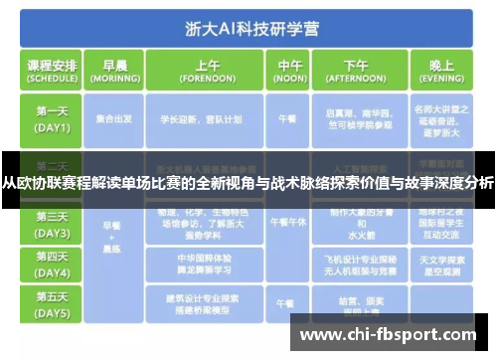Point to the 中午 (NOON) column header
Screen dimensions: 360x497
(x=286, y=70)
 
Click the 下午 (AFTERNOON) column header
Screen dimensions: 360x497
(x=355, y=70)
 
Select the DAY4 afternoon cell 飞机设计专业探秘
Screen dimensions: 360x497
(x=355, y=264)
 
